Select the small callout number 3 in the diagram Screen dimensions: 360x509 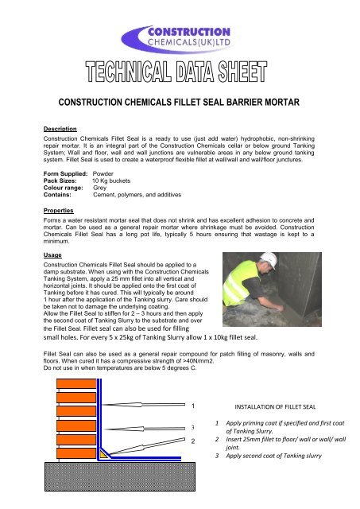pyautogui.click(x=192, y=426)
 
